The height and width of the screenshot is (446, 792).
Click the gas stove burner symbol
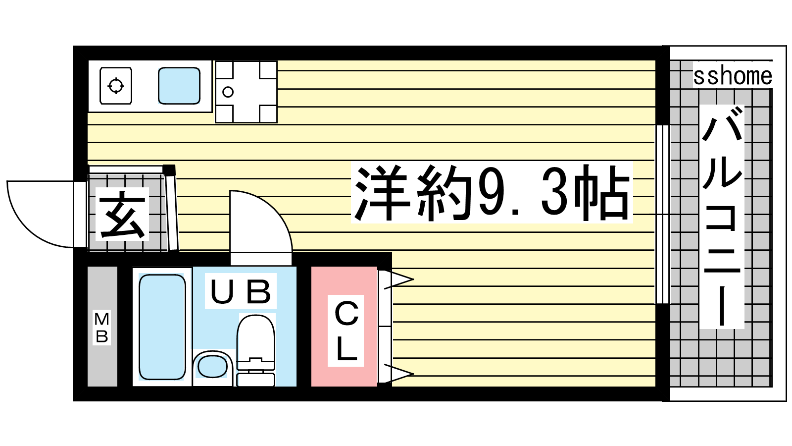116,86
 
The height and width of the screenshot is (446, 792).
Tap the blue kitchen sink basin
179,86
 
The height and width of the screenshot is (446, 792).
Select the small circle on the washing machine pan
228,92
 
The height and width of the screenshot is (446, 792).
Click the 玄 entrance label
122,215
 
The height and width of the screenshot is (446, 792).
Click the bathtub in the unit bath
162,327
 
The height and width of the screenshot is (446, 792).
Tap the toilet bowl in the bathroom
255,338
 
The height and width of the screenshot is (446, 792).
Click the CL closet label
346,331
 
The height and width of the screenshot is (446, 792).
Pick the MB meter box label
102,328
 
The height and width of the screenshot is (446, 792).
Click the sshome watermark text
732,76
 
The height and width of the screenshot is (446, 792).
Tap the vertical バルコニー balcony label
722,217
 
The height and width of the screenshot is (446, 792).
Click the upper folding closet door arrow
398,279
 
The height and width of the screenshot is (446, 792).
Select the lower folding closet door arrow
398,374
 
